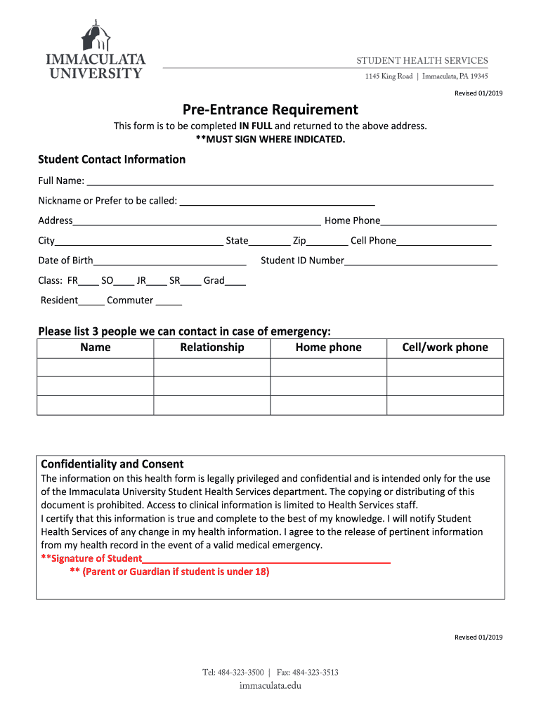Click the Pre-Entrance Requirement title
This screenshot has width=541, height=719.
(x=270, y=110)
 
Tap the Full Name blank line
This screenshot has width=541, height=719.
(x=289, y=181)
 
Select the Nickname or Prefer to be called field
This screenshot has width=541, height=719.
(x=277, y=201)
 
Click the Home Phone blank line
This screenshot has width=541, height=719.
(x=438, y=220)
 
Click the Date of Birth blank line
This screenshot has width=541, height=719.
(x=169, y=260)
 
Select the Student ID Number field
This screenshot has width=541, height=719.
(x=421, y=260)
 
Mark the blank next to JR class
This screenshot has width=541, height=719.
(x=157, y=281)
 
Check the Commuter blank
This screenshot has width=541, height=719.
(x=169, y=301)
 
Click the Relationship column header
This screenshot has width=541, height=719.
(x=212, y=348)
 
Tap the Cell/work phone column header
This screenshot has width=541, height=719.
(x=445, y=348)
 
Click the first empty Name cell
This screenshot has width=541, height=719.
(x=95, y=367)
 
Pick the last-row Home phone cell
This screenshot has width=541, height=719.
(x=328, y=405)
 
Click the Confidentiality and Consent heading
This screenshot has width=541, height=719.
(x=112, y=464)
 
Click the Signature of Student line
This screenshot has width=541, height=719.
(x=266, y=559)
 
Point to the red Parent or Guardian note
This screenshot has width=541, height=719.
(x=169, y=572)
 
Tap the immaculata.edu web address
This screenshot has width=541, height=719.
(x=270, y=685)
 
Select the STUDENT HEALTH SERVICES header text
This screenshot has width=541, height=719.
(x=422, y=61)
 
